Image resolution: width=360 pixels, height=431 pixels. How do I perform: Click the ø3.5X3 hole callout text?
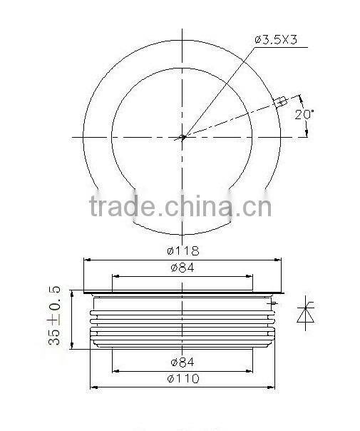pos(277,41)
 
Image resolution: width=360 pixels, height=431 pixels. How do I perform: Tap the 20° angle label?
pos(304,115)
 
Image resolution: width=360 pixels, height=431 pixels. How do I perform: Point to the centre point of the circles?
pos(182,138)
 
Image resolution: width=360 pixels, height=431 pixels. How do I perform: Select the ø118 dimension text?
pos(182,251)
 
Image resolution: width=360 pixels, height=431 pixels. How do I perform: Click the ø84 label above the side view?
pos(182,268)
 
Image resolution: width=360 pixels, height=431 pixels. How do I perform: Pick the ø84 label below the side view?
pos(182,361)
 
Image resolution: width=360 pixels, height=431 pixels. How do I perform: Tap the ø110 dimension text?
pos(182,379)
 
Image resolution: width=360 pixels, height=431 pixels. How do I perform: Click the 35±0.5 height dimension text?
pos(55,318)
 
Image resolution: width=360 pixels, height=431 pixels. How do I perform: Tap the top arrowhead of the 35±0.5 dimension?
pos(71,292)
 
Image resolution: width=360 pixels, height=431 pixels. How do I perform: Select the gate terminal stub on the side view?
pos(273,303)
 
